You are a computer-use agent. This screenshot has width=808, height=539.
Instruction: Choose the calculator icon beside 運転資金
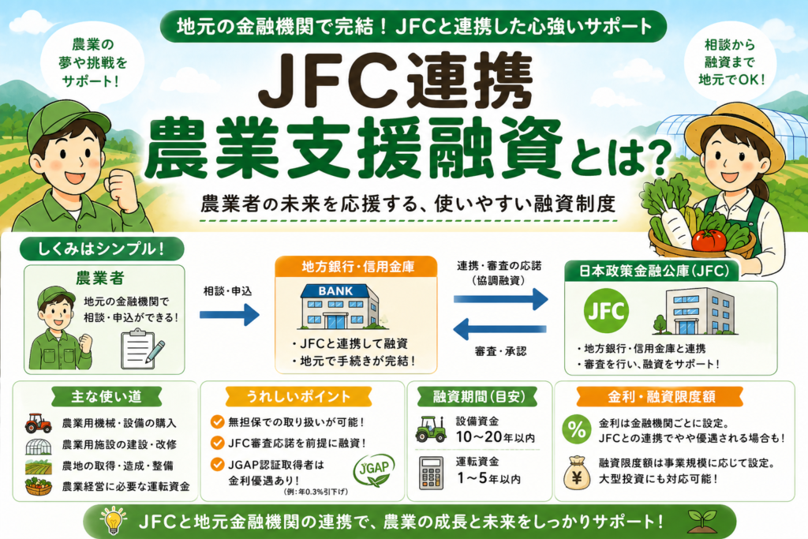coord(430,471)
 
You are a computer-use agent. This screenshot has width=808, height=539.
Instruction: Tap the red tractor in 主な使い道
coord(38,423)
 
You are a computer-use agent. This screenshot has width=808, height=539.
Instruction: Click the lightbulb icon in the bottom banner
coord(113,522)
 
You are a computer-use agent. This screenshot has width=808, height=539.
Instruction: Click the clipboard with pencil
coord(142,348)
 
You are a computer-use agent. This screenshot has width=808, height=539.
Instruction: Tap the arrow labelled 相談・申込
coord(229,315)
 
